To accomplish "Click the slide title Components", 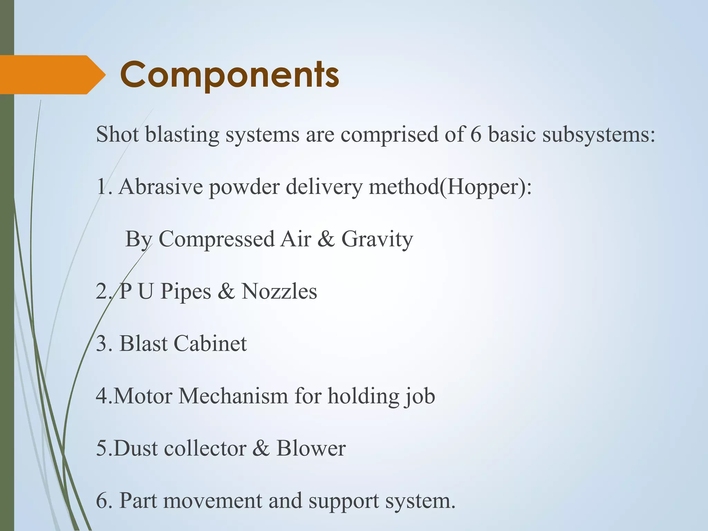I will tap(230, 75).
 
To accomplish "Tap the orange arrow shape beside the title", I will tap(52, 75).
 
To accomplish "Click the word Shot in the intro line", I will tap(117, 134).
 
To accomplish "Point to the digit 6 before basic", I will tap(476, 134).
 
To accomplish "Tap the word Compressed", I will tap(216, 239).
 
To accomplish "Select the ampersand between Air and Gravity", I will tap(326, 239).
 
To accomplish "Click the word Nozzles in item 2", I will tap(279, 291).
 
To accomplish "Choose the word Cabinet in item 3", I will tap(210, 344).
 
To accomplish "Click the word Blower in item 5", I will tap(311, 448).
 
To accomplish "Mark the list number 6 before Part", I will tap(102, 501).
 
